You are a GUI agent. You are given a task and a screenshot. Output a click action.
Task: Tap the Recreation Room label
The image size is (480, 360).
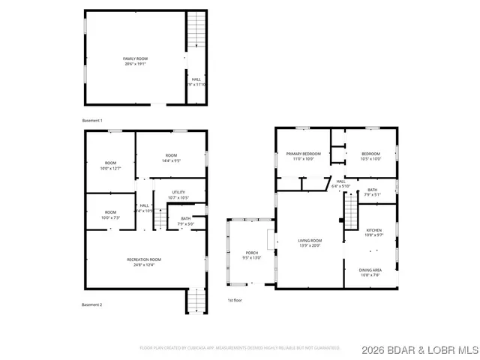(143, 262)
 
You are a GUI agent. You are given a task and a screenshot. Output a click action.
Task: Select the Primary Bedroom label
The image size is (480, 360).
(304, 156)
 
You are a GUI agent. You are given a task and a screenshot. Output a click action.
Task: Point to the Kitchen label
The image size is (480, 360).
(373, 232)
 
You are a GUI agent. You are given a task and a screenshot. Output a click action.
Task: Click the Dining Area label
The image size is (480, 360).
(371, 272)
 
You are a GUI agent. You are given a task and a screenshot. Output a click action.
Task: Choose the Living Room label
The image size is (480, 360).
(310, 243)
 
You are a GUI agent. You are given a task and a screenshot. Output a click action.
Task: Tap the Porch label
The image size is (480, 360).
(251, 255)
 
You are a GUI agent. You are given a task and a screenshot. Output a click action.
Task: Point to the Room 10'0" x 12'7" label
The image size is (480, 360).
(110, 166)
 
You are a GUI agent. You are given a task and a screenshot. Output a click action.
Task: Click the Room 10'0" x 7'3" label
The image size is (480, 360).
(110, 214)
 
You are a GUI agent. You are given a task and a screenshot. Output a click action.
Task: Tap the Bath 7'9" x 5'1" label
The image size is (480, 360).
(373, 192)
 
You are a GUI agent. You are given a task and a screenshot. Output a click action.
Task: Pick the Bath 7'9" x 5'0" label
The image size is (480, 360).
(185, 221)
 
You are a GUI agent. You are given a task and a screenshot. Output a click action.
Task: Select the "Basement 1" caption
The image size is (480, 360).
(92, 121)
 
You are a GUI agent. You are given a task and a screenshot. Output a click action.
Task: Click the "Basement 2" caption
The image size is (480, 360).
(92, 304)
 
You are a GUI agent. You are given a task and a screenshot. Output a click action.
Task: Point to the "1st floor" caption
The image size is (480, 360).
(235, 301)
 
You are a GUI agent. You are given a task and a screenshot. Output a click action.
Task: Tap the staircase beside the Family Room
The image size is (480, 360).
(195, 31)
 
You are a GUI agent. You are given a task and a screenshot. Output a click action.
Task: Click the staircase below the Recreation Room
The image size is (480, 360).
(196, 301)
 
